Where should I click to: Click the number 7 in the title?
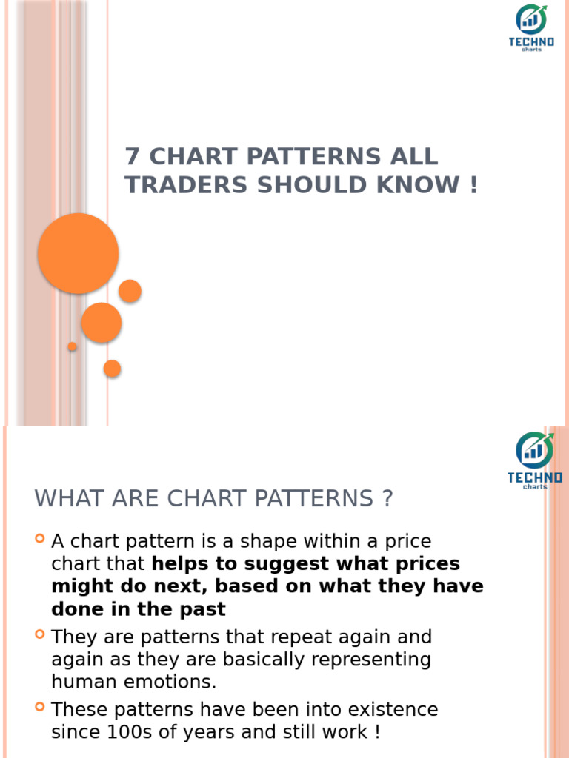(132, 157)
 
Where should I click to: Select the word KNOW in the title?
(419, 185)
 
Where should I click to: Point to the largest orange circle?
(78, 253)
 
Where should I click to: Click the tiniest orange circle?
(73, 346)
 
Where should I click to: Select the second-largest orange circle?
(102, 323)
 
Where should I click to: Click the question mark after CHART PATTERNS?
(387, 499)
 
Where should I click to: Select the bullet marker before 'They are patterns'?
(40, 634)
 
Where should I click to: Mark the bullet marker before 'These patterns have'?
(40, 708)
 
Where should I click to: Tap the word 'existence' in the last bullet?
(390, 710)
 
